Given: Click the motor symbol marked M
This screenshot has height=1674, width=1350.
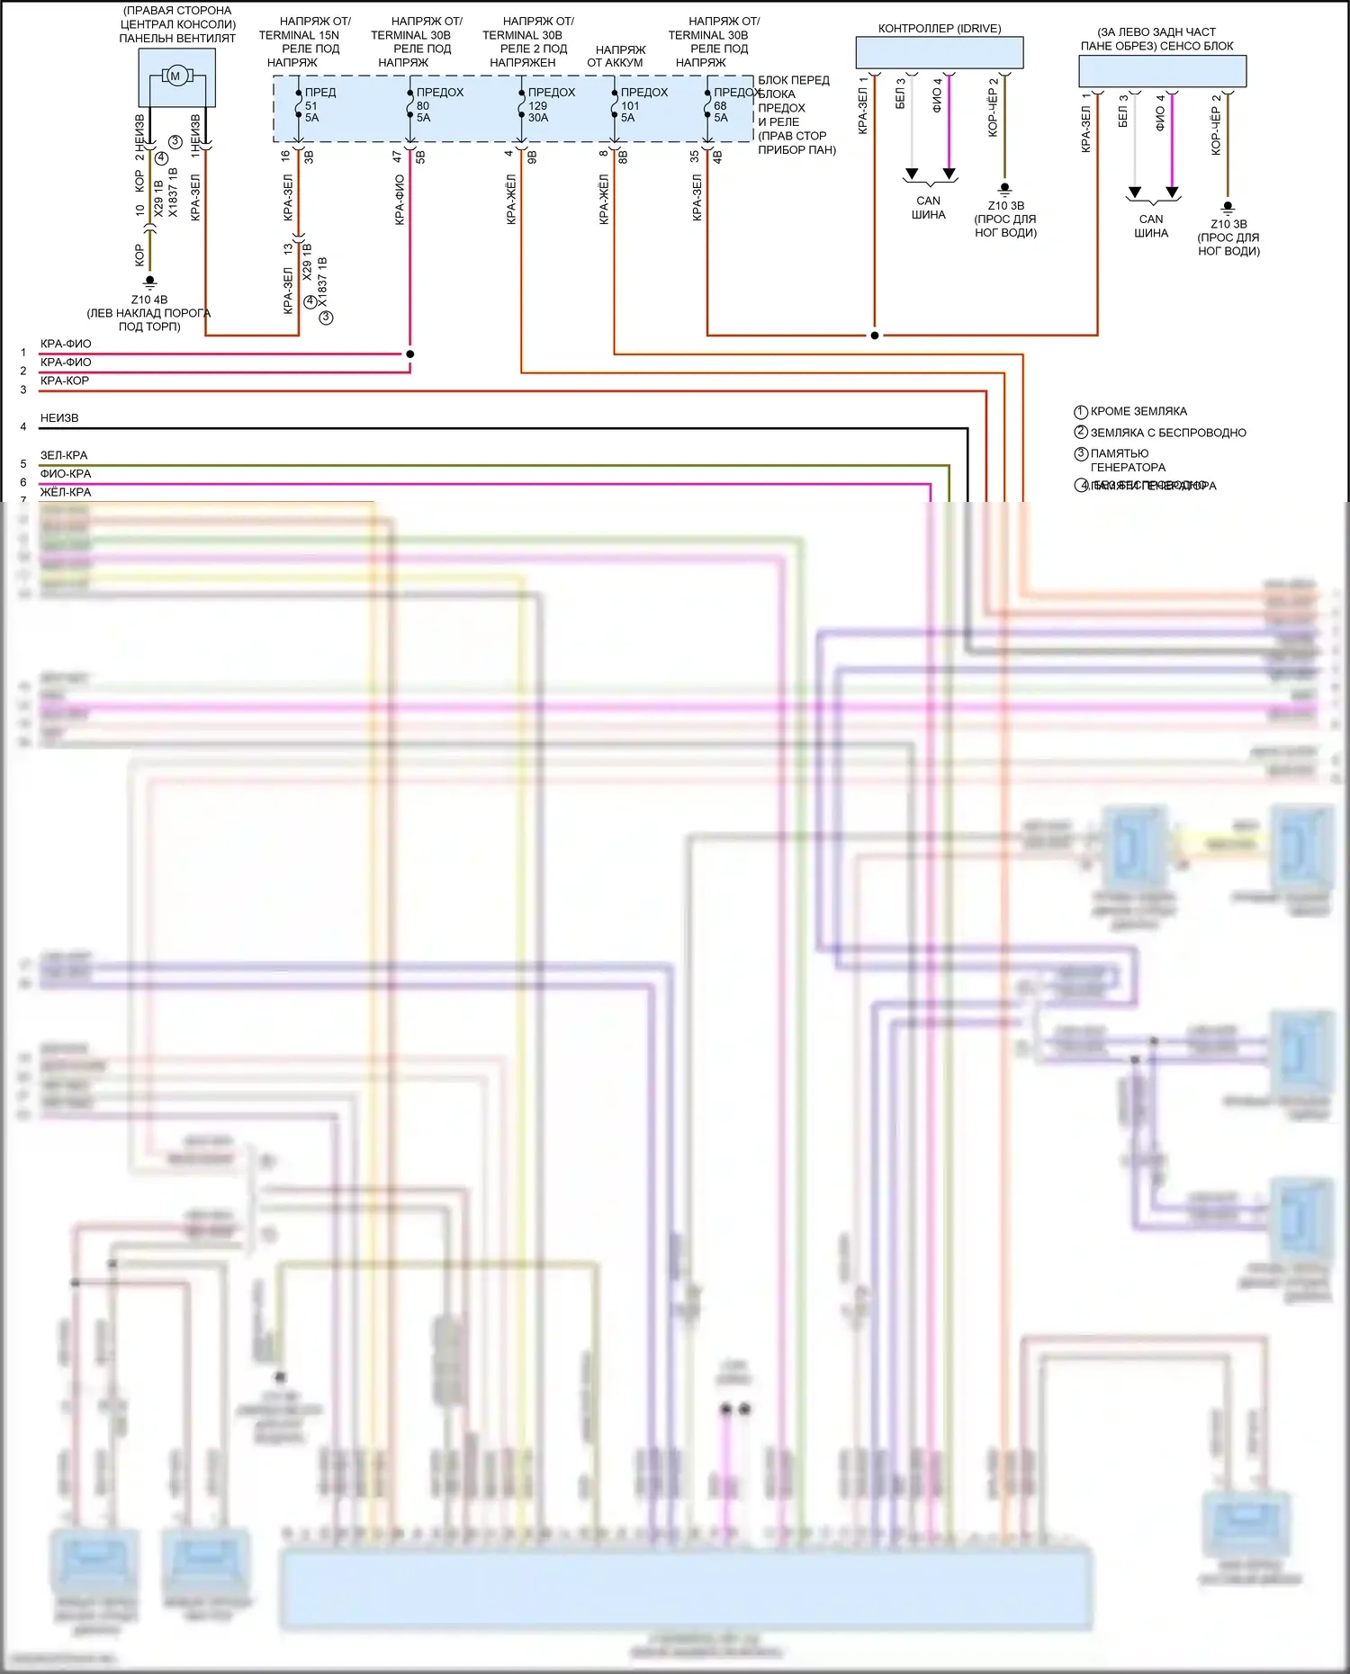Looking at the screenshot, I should (175, 76).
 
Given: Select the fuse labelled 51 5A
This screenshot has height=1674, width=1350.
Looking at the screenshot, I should (299, 105).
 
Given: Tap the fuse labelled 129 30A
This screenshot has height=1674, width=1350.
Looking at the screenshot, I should (522, 105).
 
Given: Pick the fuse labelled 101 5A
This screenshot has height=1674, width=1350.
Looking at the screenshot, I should (615, 105).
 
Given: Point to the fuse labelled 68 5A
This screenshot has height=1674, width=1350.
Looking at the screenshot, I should (707, 105).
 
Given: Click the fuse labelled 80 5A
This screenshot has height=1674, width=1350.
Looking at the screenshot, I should (410, 105).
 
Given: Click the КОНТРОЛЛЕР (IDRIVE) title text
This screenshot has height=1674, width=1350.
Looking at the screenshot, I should (940, 29).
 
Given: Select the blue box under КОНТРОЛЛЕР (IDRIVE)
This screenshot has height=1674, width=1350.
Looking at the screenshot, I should (940, 53).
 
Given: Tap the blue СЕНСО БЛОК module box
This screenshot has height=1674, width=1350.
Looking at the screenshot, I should (1162, 71).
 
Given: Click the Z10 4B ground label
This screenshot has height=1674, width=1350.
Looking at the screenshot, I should (149, 300).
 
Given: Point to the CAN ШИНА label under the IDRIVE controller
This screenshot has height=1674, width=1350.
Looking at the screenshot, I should (929, 208).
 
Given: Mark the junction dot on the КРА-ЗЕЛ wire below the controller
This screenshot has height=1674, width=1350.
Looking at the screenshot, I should (874, 336).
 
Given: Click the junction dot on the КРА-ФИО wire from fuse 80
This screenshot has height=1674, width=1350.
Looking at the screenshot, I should (410, 354).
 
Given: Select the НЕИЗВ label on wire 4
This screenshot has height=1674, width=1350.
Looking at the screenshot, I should (59, 418).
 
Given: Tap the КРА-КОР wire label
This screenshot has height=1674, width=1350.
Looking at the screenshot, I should (65, 380).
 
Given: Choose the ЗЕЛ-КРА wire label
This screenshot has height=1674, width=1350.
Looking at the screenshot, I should (64, 455).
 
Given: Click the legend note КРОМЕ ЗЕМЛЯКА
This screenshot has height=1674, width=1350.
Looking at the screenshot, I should (1138, 411).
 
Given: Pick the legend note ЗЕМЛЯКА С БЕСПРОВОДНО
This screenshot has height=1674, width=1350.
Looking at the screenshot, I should (1168, 433).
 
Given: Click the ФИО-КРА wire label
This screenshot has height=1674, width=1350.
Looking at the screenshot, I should (66, 474).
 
